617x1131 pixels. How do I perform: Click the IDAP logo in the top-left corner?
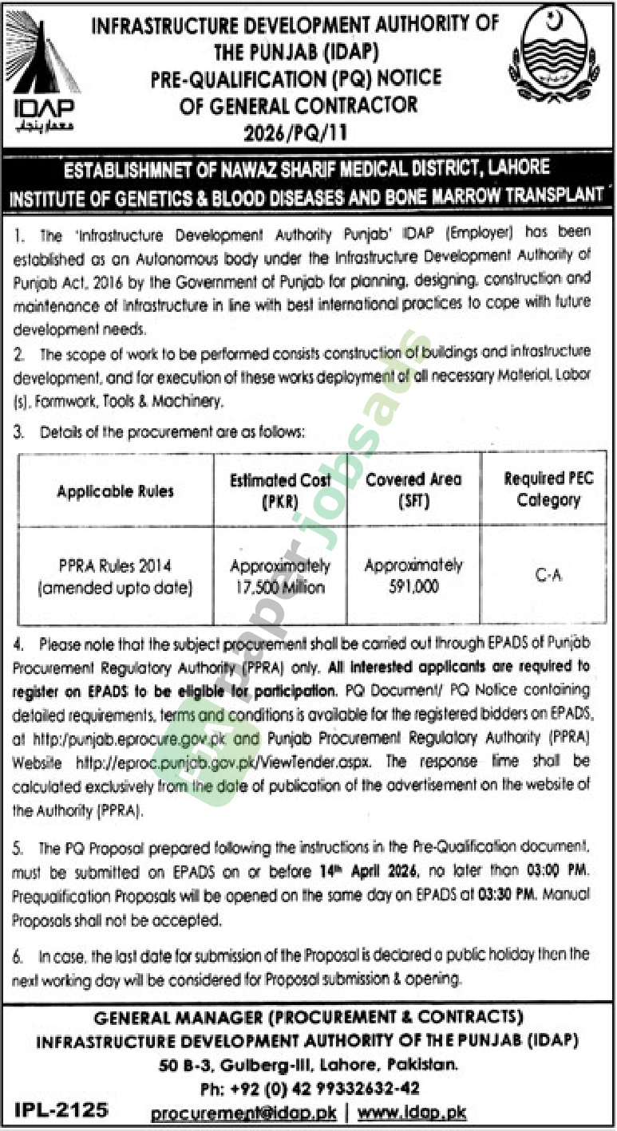tap(42, 72)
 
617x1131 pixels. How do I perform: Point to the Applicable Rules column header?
tap(115, 491)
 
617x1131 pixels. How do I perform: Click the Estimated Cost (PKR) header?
tap(280, 490)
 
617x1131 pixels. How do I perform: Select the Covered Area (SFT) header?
tap(413, 490)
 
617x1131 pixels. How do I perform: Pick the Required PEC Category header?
tap(548, 490)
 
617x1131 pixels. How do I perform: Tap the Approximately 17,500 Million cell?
tap(280, 577)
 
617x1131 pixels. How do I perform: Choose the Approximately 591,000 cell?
tap(413, 575)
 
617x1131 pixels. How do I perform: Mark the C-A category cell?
tap(548, 575)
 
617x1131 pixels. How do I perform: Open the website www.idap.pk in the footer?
tap(412, 1113)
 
